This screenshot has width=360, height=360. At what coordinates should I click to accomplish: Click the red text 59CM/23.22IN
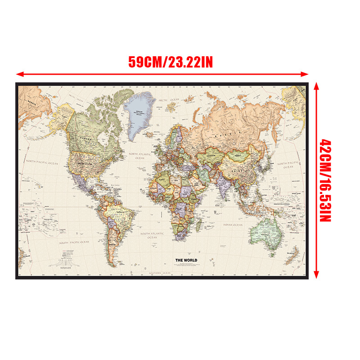point(171,62)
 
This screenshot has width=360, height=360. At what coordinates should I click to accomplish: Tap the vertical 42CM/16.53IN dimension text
point(324,180)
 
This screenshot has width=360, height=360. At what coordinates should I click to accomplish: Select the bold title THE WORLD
point(186,260)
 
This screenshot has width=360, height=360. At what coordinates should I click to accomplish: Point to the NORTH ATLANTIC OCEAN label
point(140,156)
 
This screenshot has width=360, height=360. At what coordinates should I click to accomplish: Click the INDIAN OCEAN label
point(233,225)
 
